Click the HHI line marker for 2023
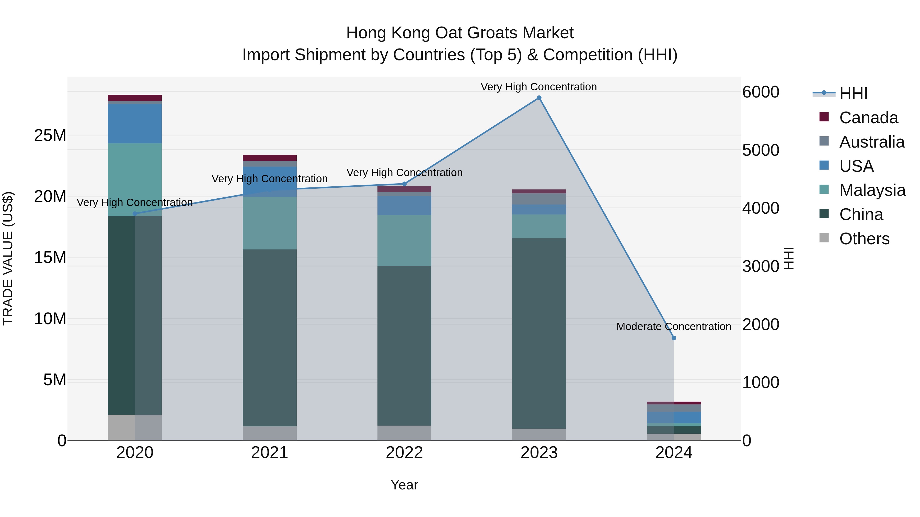tap(539, 98)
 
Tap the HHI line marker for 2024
tap(674, 338)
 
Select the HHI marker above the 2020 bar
tap(135, 214)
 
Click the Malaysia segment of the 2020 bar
tap(135, 179)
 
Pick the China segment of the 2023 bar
tap(539, 333)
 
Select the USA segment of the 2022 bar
tap(404, 205)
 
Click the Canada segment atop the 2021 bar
tap(270, 158)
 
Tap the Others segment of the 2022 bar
tap(404, 432)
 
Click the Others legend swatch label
tap(864, 239)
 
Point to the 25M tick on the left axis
tap(50, 136)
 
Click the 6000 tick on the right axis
tap(760, 92)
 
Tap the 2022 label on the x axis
tap(404, 453)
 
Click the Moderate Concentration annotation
tap(674, 327)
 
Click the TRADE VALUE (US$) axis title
tap(8, 258)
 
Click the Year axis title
tap(404, 485)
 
